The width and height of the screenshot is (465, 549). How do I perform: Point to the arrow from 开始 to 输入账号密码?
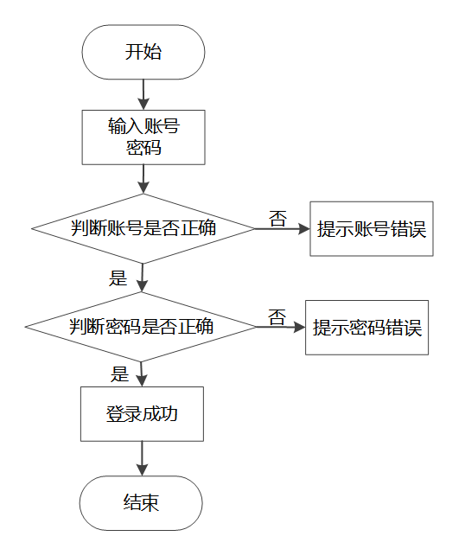pyautogui.click(x=143, y=94)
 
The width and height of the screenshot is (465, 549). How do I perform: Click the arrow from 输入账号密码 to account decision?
pyautogui.click(x=143, y=179)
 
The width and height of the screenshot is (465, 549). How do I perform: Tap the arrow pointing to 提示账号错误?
pyautogui.click(x=283, y=229)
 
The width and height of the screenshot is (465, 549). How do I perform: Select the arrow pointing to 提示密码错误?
pyautogui.click(x=281, y=328)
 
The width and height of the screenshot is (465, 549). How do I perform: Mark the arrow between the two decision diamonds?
pyautogui.click(x=142, y=278)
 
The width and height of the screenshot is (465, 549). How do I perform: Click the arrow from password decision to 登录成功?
pyautogui.click(x=142, y=374)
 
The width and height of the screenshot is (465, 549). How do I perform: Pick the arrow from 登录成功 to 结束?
pyautogui.click(x=142, y=458)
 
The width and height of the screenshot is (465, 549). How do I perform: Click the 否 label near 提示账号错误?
pyautogui.click(x=278, y=219)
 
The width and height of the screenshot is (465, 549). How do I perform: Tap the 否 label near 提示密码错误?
pyautogui.click(x=277, y=317)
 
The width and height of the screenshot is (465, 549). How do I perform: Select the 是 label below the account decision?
pyautogui.click(x=118, y=278)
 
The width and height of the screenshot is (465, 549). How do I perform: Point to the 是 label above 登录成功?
pyautogui.click(x=120, y=374)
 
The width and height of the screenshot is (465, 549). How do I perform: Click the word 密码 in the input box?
pyautogui.click(x=143, y=147)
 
